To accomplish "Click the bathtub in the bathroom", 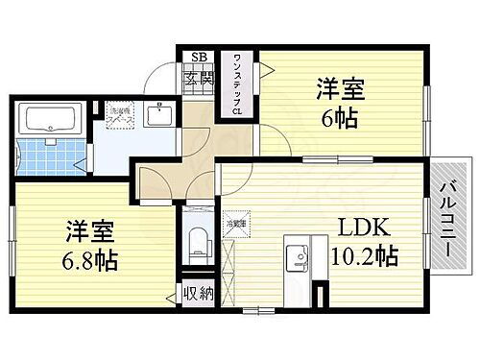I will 50,120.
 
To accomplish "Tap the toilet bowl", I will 198,240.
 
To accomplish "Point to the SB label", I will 199,58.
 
